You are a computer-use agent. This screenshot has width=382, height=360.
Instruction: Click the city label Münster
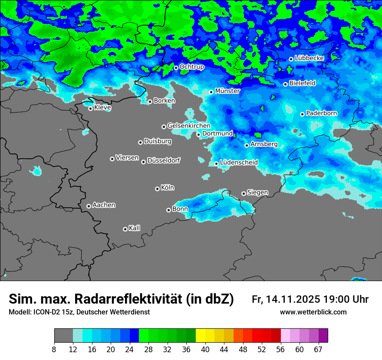coord(227,91)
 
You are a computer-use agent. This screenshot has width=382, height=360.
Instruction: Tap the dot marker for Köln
coord(157,189)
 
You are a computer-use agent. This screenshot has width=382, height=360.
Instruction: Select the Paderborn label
coord(321,113)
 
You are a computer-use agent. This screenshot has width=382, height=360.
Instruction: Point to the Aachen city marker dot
coord(89,206)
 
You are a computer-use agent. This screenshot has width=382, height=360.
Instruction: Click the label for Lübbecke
coord(309,58)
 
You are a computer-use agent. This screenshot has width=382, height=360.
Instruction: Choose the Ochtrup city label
coord(191,67)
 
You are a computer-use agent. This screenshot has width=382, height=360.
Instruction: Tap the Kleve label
coord(102,108)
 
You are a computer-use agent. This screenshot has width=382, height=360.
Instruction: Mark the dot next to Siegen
coord(244,193)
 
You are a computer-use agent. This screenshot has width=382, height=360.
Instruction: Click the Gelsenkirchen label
coord(189,126)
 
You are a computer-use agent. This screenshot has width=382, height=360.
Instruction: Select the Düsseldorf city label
coord(163,160)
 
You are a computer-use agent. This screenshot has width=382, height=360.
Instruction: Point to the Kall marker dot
coord(125,229)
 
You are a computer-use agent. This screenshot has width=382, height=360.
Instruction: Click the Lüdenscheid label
coord(239,163)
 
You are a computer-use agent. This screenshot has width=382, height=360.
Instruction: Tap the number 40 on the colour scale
coord(205,350)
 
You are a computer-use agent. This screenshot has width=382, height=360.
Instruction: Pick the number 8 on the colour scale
coord(54,350)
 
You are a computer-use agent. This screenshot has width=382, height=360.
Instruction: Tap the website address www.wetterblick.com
coord(313,312)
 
